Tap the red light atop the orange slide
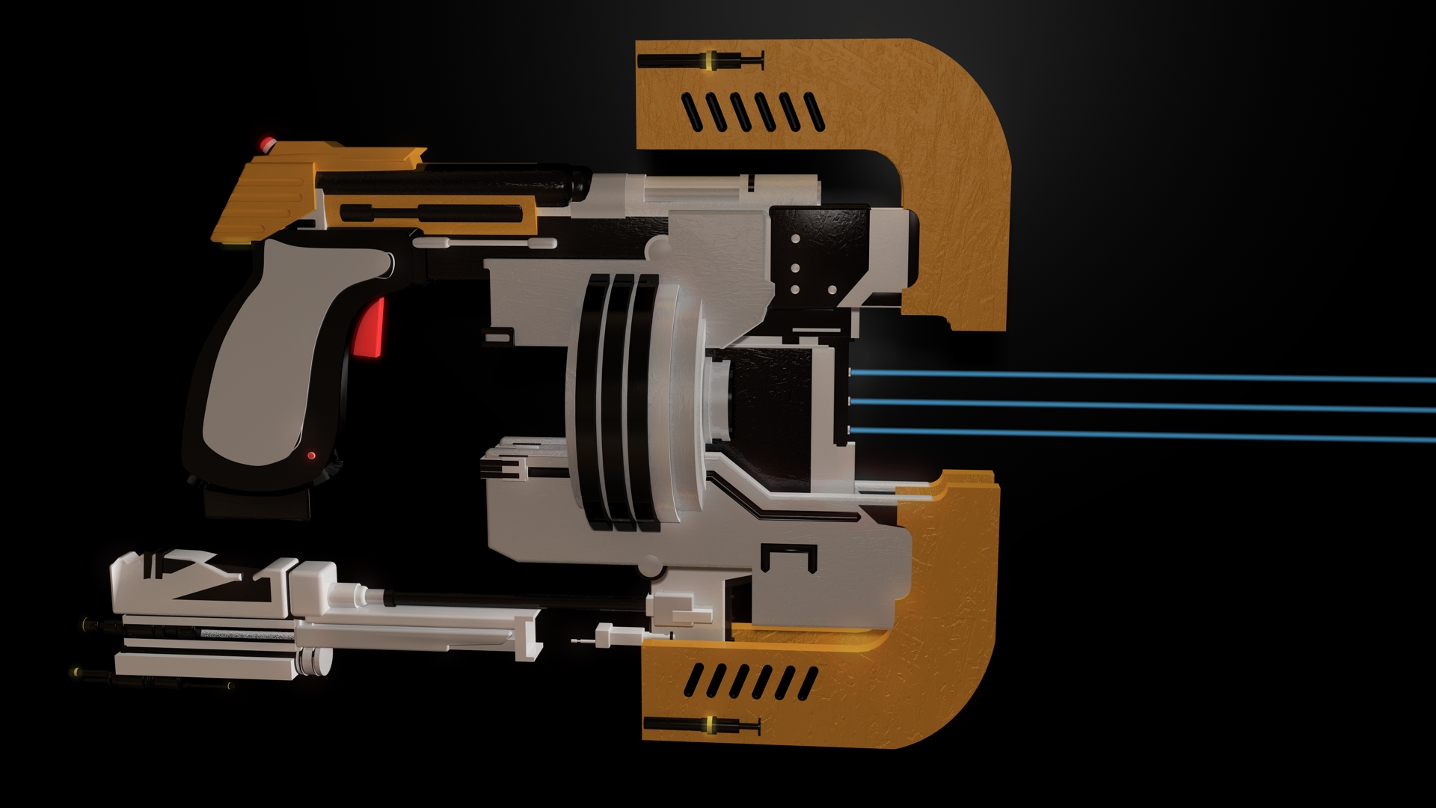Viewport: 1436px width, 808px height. (x=265, y=142)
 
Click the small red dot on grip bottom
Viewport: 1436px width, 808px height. (x=311, y=455)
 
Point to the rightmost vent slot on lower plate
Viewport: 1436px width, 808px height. (x=808, y=682)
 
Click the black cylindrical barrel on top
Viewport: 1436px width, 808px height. (x=449, y=182)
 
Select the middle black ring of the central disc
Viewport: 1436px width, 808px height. (x=619, y=400)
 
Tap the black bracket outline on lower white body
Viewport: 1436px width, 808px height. (x=788, y=557)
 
